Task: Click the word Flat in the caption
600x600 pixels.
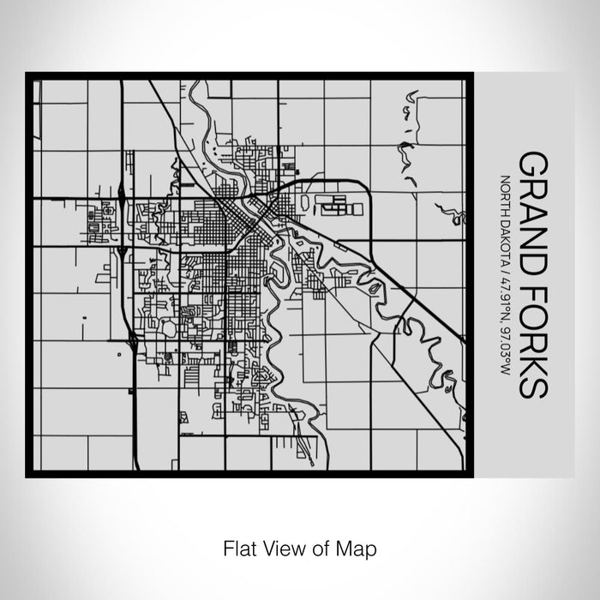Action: pyautogui.click(x=240, y=546)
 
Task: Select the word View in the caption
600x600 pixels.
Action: pyautogui.click(x=282, y=546)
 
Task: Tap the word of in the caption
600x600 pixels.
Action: pyautogui.click(x=318, y=546)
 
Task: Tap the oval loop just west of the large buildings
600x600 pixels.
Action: pyautogui.click(x=303, y=202)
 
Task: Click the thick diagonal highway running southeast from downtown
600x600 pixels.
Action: pyautogui.click(x=386, y=274)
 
